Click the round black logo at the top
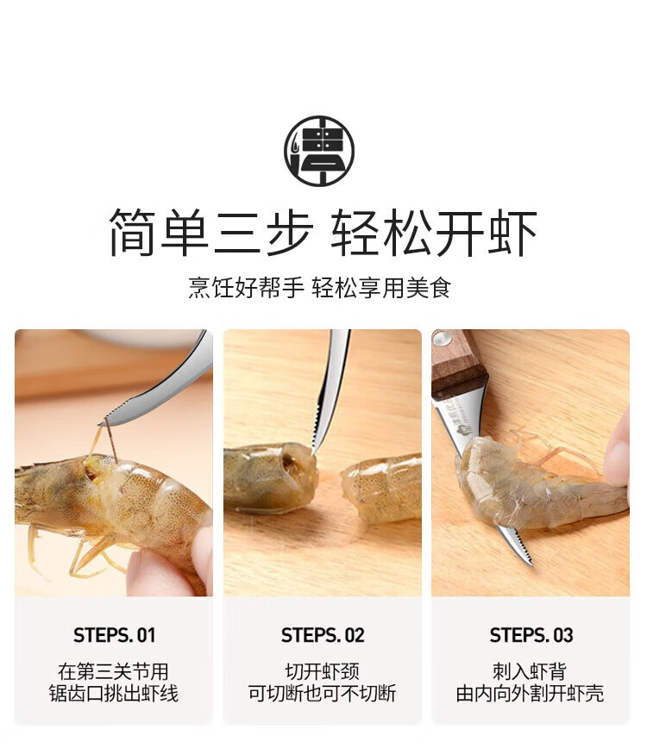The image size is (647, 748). click(x=319, y=151)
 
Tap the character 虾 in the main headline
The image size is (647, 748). click(x=512, y=233)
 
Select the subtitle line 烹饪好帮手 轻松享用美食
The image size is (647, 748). click(x=319, y=288)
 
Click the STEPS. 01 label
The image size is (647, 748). click(x=115, y=635)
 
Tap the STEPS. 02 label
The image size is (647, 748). click(x=323, y=635)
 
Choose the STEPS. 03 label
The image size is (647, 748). click(x=531, y=635)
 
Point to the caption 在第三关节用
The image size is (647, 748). click(x=114, y=671)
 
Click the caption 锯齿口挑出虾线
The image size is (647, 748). click(x=114, y=694)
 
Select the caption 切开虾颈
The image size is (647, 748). click(x=323, y=671)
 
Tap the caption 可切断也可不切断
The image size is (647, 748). click(x=323, y=694)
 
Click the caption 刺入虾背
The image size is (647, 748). click(x=530, y=671)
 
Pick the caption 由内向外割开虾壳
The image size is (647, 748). click(x=530, y=694)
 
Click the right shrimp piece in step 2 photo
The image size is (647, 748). click(x=382, y=488)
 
